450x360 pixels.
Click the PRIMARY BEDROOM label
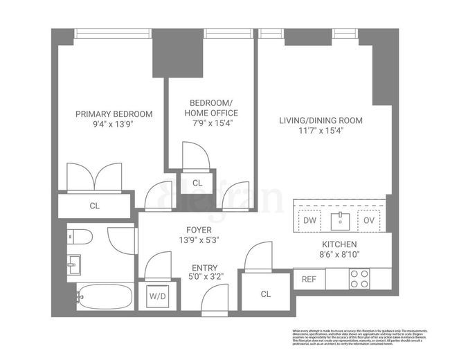pos(114,114)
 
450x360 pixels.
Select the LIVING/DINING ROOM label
pos(321,120)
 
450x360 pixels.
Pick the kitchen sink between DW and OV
pos(339,220)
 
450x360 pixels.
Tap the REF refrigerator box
pos(309,279)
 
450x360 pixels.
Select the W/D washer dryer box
pos(157,297)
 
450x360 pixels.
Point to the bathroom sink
pos(74,264)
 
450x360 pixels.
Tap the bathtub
pos(104,298)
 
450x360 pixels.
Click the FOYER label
pos(199,230)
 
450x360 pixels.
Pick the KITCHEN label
pos(339,244)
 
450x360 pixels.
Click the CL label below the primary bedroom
pos(94,206)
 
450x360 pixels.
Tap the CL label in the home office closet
pos(197,183)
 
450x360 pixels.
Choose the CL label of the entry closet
pos(266,294)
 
